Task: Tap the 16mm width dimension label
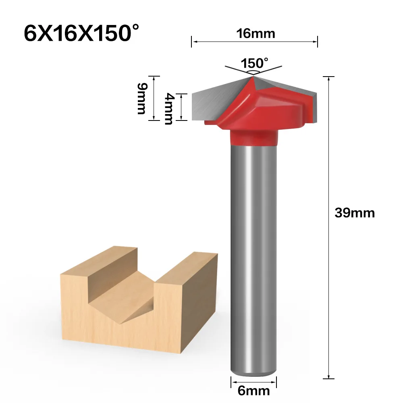tap(256, 33)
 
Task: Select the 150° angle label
tap(254, 63)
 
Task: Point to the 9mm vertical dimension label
tap(141, 98)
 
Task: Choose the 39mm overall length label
tap(355, 213)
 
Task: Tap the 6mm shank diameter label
tap(254, 391)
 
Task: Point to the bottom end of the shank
tap(253, 373)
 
